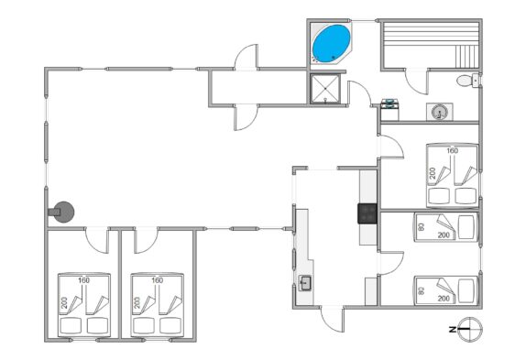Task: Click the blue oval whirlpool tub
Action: pos(331,44)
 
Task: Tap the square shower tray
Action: pos(325,89)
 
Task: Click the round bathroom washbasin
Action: pos(439,112)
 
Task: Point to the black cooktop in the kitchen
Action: pos(367,213)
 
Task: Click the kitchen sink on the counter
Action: pos(305,283)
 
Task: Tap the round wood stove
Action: pos(64,212)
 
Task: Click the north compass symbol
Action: pos(469,330)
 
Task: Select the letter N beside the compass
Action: pos(453,330)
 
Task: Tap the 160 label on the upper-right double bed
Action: pos(452,151)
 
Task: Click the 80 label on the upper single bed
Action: pos(422,226)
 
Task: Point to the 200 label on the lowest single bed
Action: pos(444,299)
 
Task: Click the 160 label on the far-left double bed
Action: pos(84,280)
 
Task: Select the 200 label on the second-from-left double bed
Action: pos(137,302)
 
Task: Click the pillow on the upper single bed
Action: pos(466,227)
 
